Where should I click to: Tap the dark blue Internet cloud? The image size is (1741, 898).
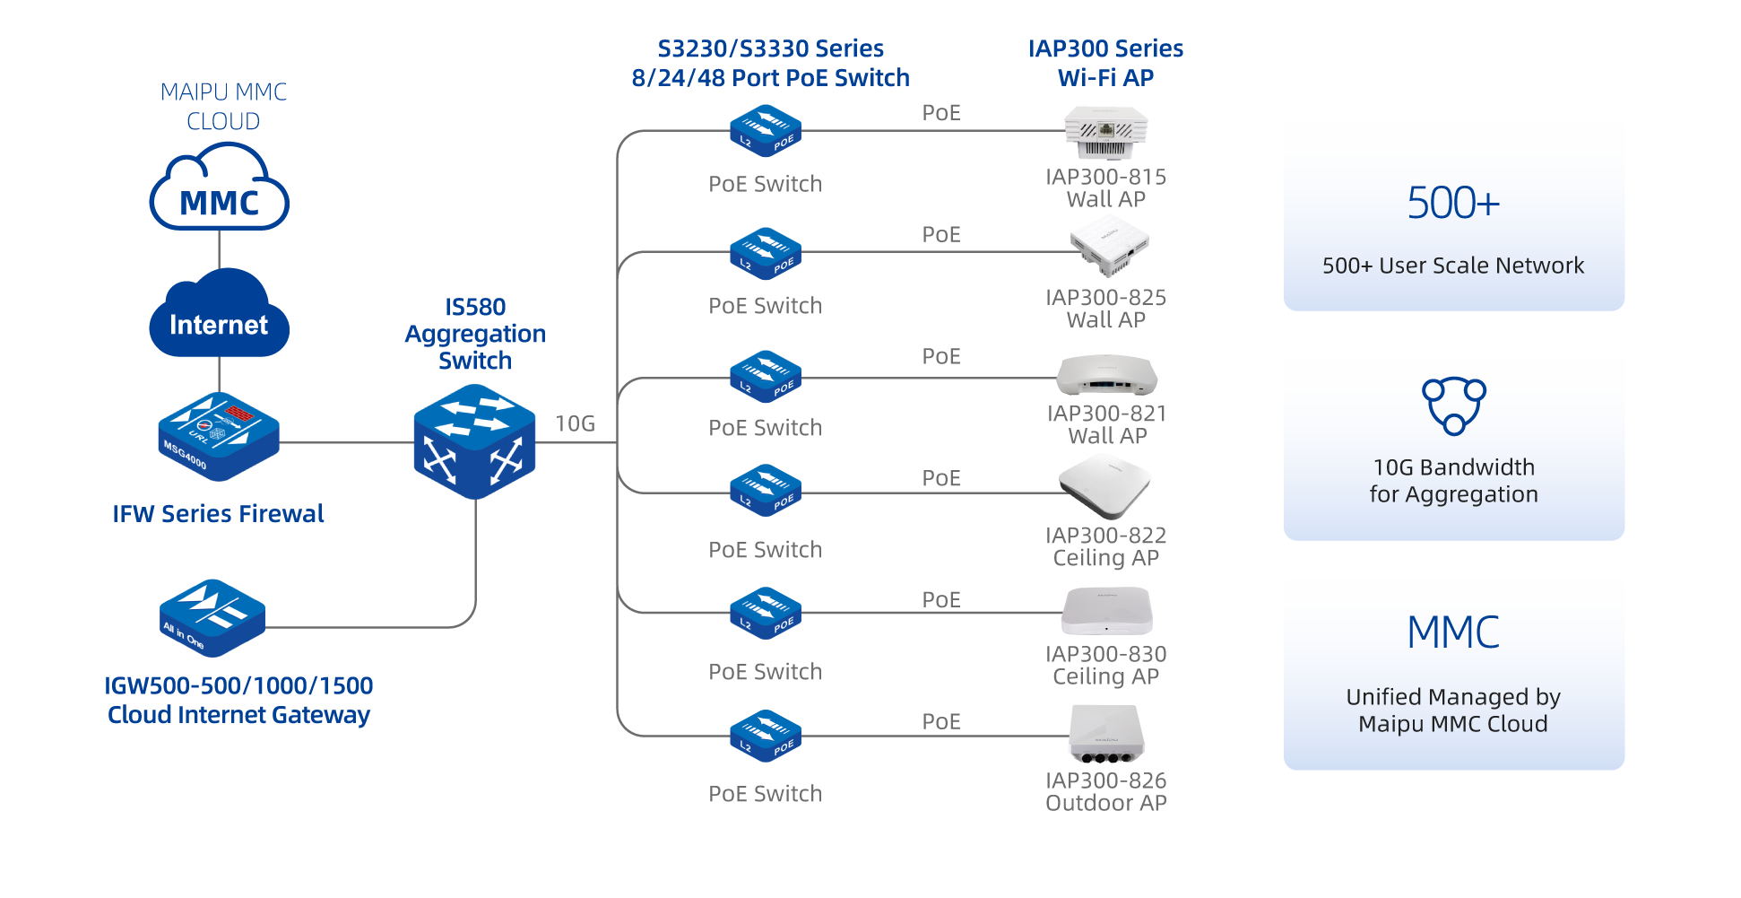219,315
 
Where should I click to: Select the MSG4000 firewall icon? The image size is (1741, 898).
218,435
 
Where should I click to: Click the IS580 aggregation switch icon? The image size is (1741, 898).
474,441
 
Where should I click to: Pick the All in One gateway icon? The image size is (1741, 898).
212,617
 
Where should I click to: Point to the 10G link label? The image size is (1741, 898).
576,423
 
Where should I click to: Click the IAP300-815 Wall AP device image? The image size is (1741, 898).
1105,132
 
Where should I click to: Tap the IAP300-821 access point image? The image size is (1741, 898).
1106,376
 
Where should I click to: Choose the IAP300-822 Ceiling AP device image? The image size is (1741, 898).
1104,485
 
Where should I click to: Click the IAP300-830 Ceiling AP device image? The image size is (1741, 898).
1106,611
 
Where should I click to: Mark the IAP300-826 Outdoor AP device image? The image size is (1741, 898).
1106,734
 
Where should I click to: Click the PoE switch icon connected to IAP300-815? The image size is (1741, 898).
765,131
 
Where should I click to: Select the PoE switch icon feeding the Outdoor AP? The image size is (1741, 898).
765,737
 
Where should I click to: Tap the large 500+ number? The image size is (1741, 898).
1453,203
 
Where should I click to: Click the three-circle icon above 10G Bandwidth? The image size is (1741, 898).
1453,405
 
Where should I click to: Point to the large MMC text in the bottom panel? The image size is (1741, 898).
1453,632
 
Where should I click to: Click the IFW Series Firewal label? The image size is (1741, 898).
218,514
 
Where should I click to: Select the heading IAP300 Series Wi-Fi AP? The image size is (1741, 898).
1105,63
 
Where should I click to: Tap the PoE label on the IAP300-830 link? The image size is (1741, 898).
941,599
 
